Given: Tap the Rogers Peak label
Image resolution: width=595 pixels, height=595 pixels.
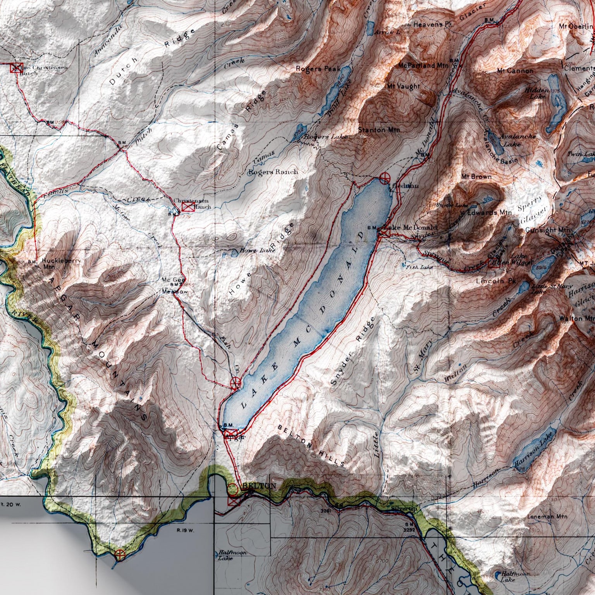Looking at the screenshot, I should click(x=318, y=69).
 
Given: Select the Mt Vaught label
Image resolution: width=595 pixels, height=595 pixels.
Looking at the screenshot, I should click(x=403, y=86).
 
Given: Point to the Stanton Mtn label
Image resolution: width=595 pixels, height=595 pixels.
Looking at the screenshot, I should click(x=379, y=130).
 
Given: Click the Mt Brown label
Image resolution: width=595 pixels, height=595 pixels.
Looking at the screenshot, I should click(x=476, y=177).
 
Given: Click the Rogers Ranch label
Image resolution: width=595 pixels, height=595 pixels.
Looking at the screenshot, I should click(x=273, y=172).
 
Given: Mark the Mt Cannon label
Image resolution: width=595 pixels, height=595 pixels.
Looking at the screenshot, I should click(x=515, y=71).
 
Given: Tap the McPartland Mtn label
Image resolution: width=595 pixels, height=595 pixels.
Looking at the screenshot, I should click(x=423, y=66).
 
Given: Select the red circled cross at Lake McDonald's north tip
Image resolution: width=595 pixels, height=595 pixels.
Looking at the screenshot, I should click(x=385, y=178).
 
